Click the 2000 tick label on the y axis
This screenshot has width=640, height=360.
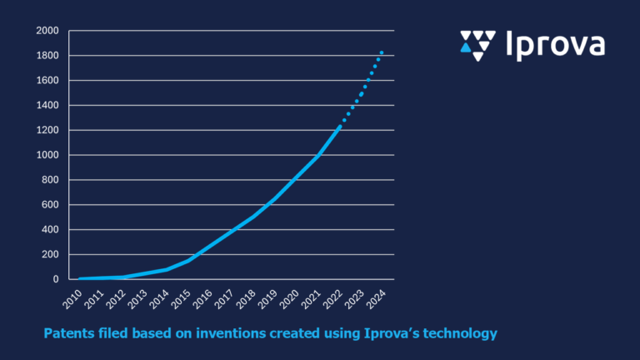point(47,31)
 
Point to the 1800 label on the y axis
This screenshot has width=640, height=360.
point(47,56)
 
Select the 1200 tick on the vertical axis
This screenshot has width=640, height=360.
point(47,130)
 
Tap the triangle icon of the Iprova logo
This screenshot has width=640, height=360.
point(477,45)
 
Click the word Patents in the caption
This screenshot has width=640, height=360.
point(68,334)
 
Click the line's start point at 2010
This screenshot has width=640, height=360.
point(80,278)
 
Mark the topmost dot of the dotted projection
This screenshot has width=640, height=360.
point(382,52)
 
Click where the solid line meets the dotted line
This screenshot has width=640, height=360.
point(339,126)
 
